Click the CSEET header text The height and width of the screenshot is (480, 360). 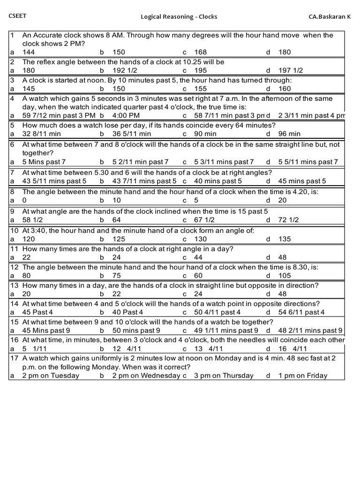tap(17, 16)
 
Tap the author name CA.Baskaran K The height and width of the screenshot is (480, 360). tap(329, 17)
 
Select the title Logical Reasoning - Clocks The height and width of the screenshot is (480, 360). tap(179, 17)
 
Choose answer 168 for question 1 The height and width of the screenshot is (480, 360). tap(200, 52)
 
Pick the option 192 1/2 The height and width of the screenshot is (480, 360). tap(126, 70)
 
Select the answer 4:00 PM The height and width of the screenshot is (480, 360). tap(124, 115)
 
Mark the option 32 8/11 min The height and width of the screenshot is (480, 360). tap(42, 134)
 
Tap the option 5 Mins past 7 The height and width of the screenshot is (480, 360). tap(44, 162)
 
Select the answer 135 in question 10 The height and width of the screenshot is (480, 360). tap(285, 239)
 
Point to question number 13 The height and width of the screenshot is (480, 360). tap(14, 285)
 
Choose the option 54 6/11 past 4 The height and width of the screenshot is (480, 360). tap(301, 312)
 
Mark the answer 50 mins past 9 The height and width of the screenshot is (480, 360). tap(136, 330)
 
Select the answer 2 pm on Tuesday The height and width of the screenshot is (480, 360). tap(51, 375)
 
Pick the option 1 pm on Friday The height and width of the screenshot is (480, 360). tap(303, 375)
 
